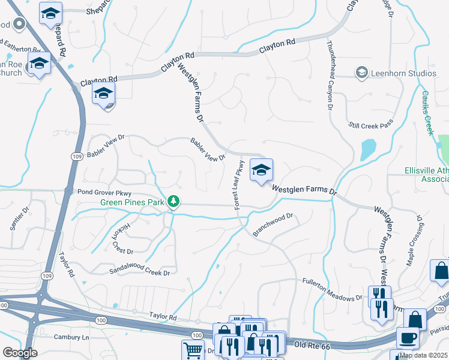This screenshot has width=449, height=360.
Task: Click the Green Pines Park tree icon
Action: tap(173, 201)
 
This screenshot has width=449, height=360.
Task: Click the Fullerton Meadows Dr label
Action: tap(333, 289)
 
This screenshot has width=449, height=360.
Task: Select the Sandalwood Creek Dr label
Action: tap(139, 272)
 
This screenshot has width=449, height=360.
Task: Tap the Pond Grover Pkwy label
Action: tap(104, 193)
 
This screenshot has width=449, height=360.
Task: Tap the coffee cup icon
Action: tap(408, 337)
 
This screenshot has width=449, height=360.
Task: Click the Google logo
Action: tap(20, 353)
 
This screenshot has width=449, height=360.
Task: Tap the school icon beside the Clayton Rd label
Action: tap(103, 95)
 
